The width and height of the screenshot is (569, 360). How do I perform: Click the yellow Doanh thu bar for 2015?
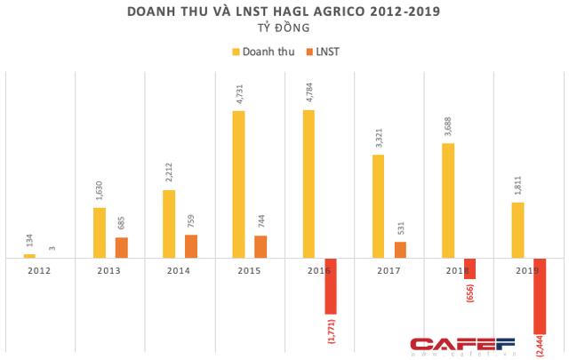click(238, 184)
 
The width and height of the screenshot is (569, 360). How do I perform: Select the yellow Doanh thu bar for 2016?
click(309, 184)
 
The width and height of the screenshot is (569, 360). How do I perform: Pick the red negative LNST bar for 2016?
click(330, 285)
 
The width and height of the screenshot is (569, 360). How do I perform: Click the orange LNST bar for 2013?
click(121, 247)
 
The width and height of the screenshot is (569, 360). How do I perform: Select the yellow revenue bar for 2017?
click(379, 206)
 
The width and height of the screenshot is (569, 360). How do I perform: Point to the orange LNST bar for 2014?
click(190, 246)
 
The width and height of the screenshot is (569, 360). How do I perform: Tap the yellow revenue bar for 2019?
click(518, 230)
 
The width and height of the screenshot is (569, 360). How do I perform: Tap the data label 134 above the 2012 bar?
click(30, 241)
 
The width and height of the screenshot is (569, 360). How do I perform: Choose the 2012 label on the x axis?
click(40, 269)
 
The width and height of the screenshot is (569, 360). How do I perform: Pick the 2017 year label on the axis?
click(389, 269)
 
